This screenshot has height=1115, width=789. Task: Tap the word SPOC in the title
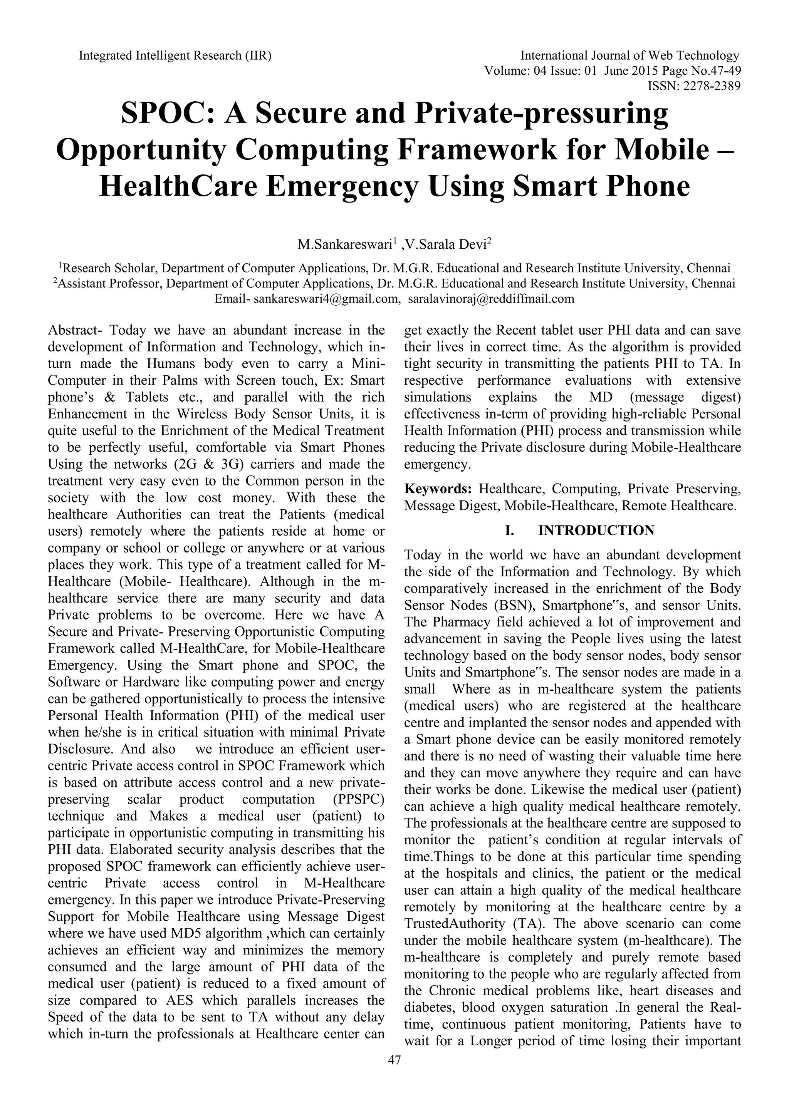pos(162,113)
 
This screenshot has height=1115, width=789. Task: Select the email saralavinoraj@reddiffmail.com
pos(491,299)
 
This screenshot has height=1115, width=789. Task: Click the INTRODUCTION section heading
pos(596,530)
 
